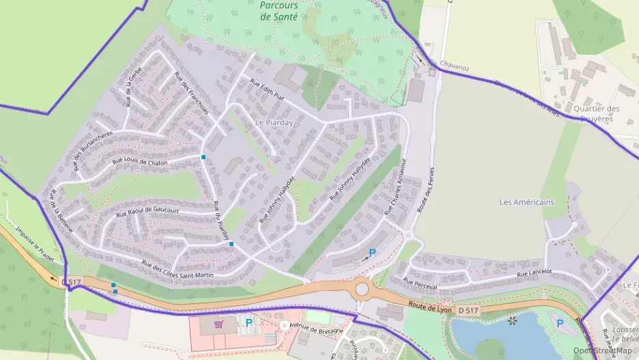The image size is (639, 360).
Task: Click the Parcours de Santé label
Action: [x=279, y=10]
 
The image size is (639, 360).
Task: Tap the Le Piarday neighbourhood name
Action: [x=274, y=123]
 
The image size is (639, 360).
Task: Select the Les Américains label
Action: [x=526, y=202]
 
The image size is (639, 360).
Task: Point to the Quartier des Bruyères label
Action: [x=597, y=113]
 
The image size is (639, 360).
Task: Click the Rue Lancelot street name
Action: [x=534, y=273]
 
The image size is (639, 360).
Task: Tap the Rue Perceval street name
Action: [x=419, y=281]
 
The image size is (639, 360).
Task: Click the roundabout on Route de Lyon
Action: [x=362, y=289]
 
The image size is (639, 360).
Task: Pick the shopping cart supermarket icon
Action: [x=219, y=324]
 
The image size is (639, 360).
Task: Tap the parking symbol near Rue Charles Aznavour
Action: [x=372, y=253]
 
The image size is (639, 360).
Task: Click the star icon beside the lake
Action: [x=512, y=319]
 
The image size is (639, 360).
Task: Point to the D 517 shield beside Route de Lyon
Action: [x=468, y=311]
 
